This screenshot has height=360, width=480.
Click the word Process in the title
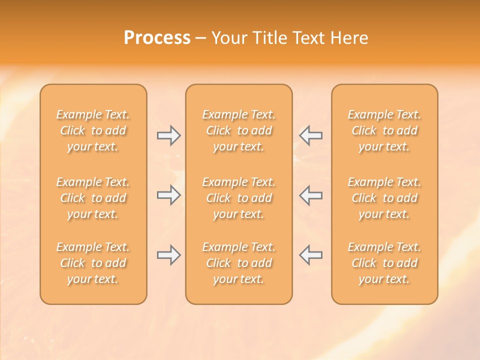157,38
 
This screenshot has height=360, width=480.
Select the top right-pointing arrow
168,135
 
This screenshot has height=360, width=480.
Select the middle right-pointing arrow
168,195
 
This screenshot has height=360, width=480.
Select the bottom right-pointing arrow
168,255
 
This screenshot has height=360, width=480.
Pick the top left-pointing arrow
311,135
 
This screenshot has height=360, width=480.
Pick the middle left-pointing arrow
311,195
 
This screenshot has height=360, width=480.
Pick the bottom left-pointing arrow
311,255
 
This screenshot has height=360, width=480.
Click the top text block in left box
93,130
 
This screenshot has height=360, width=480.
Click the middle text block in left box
93,198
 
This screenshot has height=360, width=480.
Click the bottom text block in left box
93,263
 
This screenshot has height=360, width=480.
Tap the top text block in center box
239,130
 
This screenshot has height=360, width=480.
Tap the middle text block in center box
239,198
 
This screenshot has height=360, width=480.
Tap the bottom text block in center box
239,263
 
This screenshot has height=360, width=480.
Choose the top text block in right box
384,130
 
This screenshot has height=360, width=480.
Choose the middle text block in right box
384,198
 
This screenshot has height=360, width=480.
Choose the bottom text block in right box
384,263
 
